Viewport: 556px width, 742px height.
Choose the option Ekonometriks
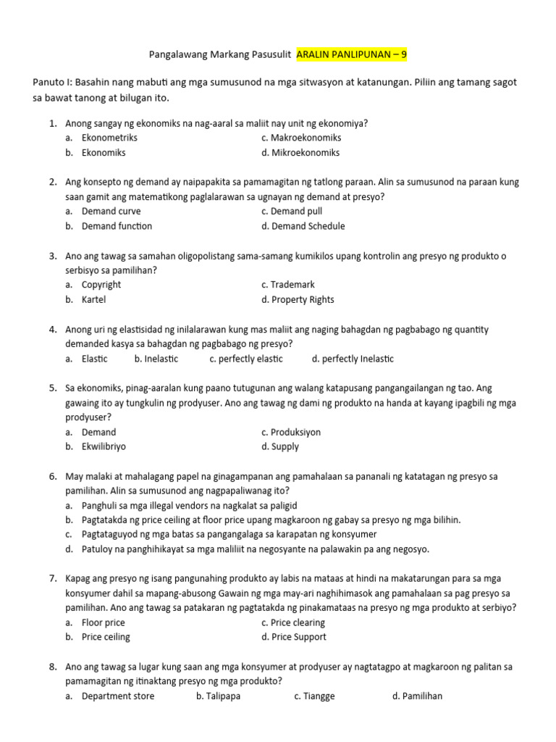[109, 138]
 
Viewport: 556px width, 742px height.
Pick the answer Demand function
[117, 226]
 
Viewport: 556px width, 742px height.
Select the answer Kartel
[93, 300]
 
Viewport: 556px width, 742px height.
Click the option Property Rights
[302, 300]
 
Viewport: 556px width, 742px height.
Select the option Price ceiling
[106, 637]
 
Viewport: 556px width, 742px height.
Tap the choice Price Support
[298, 637]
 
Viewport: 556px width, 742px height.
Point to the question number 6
[53, 477]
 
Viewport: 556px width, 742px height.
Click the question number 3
[53, 256]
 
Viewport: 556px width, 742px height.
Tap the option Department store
[118, 696]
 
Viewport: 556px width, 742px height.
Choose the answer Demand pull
[297, 212]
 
